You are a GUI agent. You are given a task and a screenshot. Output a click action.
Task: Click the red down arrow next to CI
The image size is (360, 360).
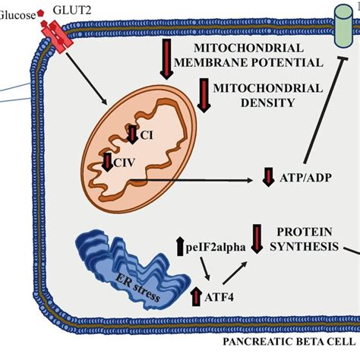coord(132,134)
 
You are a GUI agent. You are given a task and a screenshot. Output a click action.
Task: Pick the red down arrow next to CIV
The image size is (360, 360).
coord(107,161)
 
